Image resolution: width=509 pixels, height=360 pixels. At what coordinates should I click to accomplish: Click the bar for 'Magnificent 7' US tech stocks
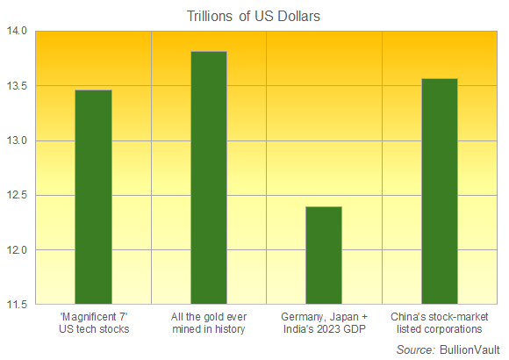93,198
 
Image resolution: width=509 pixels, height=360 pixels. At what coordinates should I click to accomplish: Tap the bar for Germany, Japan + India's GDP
324,256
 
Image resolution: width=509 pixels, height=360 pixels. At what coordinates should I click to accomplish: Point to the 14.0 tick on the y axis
18,32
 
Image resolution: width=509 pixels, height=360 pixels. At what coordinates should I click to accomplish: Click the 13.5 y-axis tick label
18,86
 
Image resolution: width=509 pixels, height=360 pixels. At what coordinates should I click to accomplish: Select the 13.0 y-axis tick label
18,141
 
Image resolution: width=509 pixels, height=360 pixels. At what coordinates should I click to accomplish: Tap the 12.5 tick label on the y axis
18,196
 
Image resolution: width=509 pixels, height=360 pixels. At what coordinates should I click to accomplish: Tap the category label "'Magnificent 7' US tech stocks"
93,322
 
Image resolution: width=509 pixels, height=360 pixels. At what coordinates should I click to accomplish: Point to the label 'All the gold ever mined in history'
209,322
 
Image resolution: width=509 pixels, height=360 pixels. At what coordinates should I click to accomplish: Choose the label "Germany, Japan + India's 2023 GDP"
324,322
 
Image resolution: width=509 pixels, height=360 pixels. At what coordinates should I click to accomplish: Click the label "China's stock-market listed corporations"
439,322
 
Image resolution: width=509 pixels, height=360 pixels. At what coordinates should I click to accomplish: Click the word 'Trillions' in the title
210,14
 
